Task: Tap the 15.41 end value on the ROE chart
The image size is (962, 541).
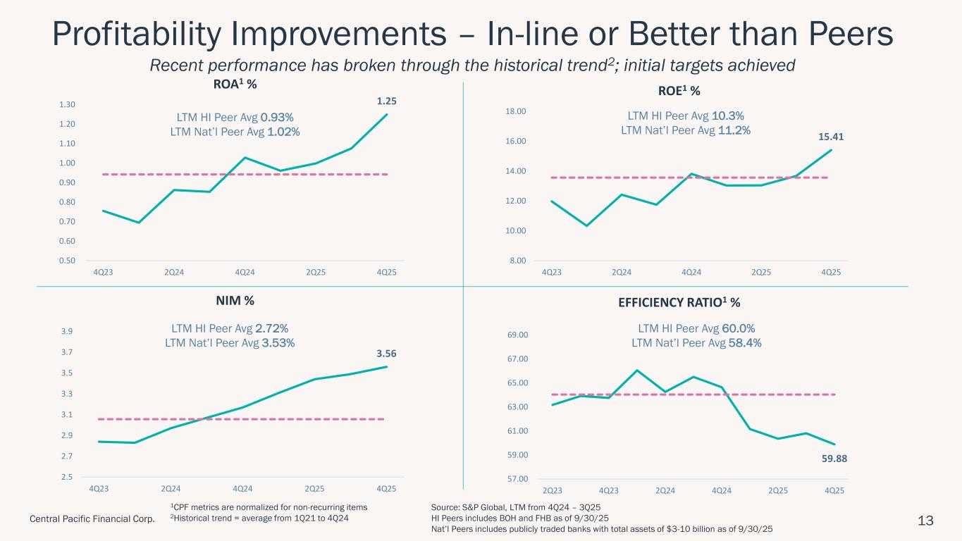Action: (x=832, y=137)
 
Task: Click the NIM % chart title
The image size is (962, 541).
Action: (x=234, y=301)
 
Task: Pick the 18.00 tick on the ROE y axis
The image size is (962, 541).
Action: (x=518, y=111)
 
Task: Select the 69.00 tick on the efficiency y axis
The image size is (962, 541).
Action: (x=518, y=335)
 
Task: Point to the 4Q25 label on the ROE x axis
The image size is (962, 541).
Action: (x=831, y=271)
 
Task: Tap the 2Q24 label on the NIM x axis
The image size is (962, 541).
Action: (x=171, y=488)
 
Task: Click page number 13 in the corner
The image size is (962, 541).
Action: (x=925, y=521)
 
